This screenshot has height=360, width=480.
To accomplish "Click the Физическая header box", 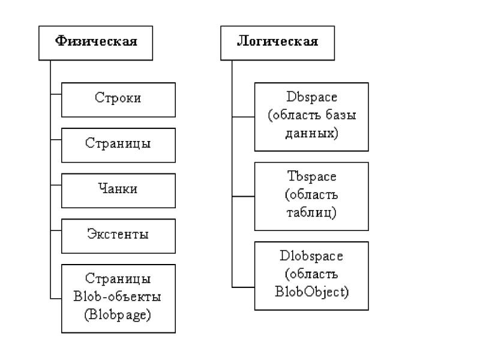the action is pos(95,43).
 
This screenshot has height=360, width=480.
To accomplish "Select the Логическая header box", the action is pos(277,43).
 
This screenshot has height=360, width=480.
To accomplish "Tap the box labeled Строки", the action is pos(118,100).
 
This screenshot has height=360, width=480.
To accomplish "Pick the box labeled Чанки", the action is pos(118,191).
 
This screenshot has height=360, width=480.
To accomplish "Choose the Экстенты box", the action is pos(118,236).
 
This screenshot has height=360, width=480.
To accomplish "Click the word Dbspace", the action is pos(311,97).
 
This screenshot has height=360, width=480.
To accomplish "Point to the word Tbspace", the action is pos(311,176).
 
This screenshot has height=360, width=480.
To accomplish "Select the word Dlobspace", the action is pos(311,256).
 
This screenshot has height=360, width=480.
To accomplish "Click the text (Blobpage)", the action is pos(118,314).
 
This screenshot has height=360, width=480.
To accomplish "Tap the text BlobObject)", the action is pos(311,292).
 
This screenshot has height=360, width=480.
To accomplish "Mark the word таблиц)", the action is pos(311,212).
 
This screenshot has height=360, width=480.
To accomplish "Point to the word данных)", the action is pos(311,133).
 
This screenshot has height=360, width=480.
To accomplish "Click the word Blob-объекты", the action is pos(117,296).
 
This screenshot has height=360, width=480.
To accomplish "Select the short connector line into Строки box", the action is pos(56,94).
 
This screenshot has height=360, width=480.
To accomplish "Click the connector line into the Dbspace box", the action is pos(244,116).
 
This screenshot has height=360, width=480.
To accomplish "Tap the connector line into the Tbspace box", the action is pos(244,196).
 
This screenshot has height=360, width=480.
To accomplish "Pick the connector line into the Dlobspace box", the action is pos(244,287).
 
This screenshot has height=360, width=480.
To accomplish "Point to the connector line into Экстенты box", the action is pos(56,230).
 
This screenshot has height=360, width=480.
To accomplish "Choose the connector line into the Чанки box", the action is pos(56,185).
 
